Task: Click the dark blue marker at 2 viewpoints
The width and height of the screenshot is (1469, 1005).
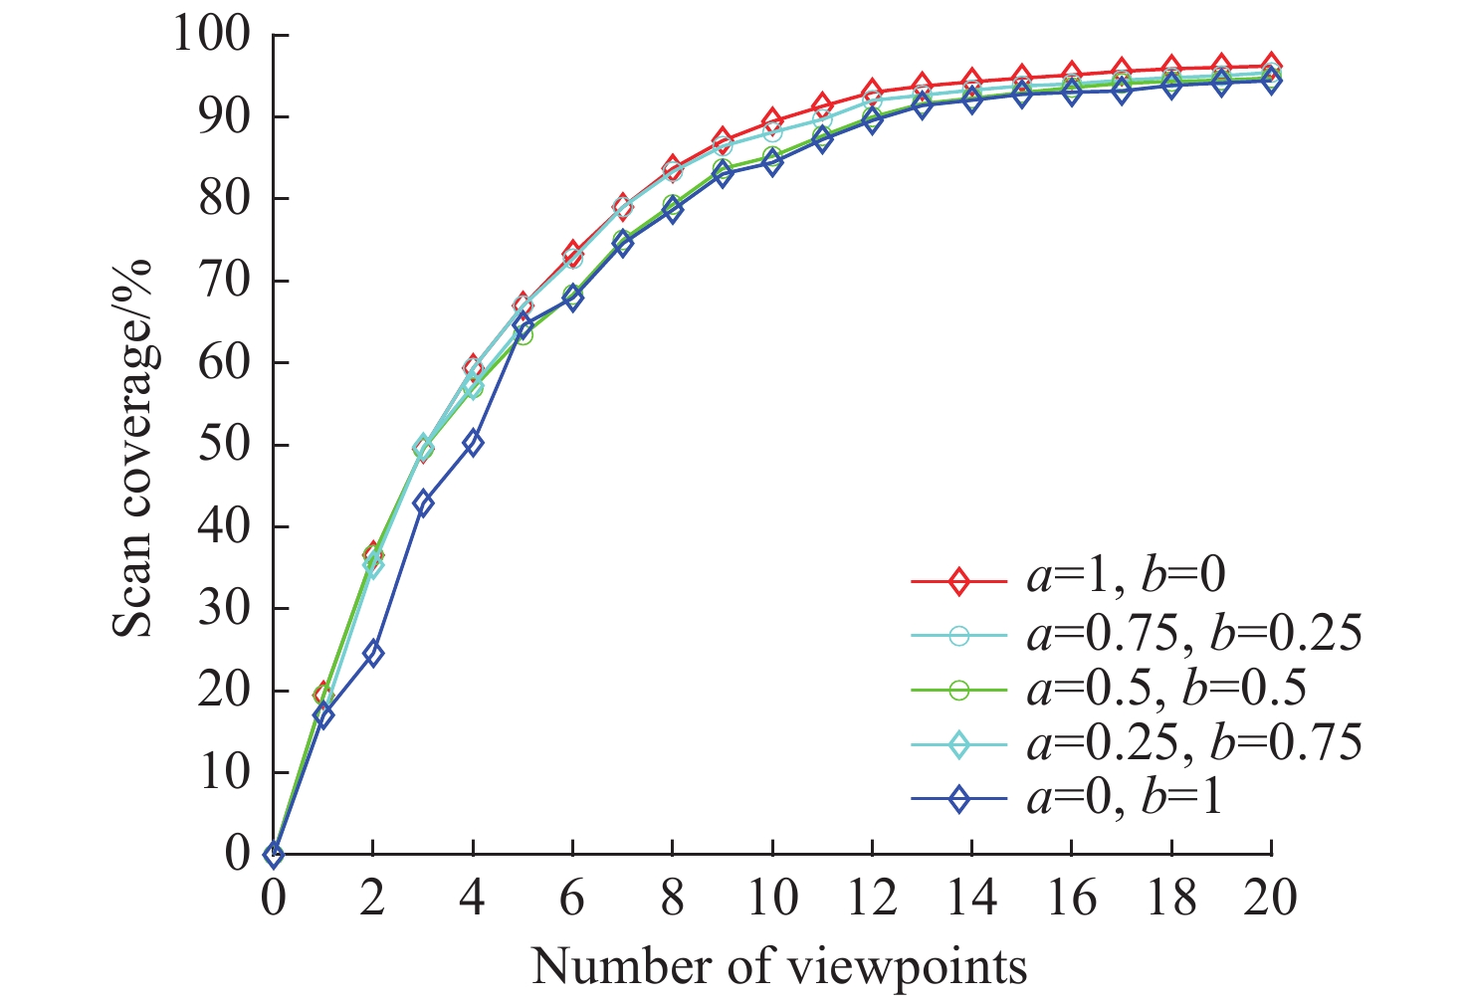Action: click(x=373, y=654)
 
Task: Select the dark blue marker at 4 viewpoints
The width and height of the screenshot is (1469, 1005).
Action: click(x=473, y=443)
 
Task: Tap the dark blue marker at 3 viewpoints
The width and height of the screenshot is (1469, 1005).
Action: click(x=423, y=503)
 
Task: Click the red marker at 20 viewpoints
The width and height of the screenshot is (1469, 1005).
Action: click(x=1271, y=66)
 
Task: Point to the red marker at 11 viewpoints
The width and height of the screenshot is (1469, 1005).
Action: click(x=822, y=105)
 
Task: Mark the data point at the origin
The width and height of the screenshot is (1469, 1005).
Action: click(x=274, y=854)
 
